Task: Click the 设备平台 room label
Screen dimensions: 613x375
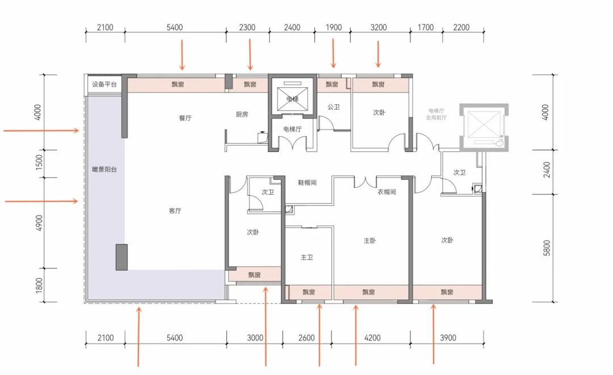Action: click(x=104, y=85)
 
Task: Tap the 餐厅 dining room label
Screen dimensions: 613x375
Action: click(x=185, y=118)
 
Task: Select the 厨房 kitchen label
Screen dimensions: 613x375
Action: click(x=242, y=115)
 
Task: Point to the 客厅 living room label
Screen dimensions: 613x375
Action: click(x=175, y=211)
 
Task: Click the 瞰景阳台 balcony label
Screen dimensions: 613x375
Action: click(x=104, y=170)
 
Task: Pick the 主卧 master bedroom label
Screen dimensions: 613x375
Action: click(x=370, y=241)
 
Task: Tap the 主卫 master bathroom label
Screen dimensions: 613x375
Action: click(x=307, y=258)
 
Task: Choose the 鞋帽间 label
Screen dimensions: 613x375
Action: click(x=307, y=183)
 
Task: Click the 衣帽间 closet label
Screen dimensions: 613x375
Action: click(x=387, y=192)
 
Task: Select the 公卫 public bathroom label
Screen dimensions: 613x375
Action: click(x=334, y=107)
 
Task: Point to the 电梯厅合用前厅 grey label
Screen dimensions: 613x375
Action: click(x=436, y=114)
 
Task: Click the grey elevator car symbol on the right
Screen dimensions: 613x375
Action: click(x=484, y=127)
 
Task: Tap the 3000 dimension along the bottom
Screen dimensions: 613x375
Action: click(x=255, y=338)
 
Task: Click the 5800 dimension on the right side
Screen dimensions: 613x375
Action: click(x=547, y=248)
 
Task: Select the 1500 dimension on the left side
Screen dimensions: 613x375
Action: click(x=39, y=162)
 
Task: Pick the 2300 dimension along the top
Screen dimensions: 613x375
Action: click(x=247, y=27)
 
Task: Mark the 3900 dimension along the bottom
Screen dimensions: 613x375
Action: click(x=448, y=338)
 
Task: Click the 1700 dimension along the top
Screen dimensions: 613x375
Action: click(x=426, y=27)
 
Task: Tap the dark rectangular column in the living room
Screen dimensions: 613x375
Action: click(x=121, y=258)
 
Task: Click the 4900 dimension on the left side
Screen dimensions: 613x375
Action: click(x=39, y=223)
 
